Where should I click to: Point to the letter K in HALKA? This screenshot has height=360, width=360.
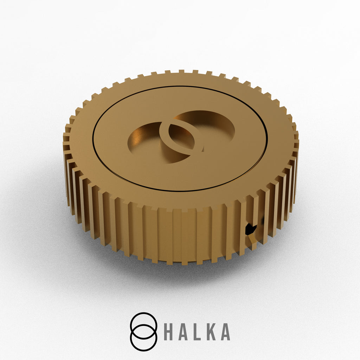click(x=211, y=332)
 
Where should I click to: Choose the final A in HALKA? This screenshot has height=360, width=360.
click(x=225, y=332)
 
